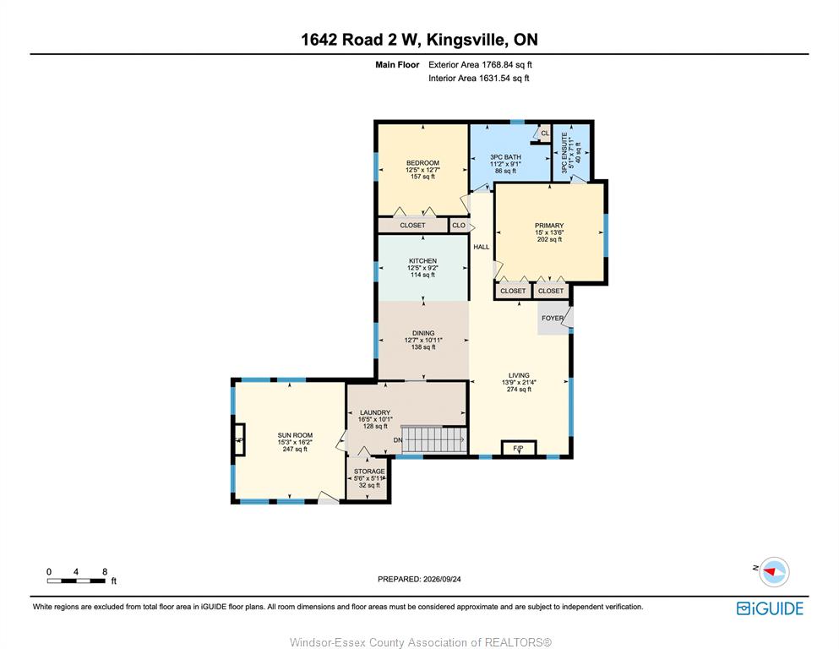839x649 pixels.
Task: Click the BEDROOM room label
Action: click(422, 162)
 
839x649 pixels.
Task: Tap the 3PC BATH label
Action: click(505, 157)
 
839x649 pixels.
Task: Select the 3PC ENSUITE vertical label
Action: click(564, 153)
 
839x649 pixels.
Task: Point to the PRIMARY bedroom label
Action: click(549, 226)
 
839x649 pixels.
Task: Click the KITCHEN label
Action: click(422, 260)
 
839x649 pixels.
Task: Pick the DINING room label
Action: click(423, 333)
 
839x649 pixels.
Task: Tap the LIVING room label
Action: click(519, 375)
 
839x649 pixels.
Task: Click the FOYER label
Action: click(553, 318)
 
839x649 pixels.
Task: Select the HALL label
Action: click(482, 247)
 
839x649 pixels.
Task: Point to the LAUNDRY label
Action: click(375, 412)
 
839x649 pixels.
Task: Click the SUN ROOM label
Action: click(295, 435)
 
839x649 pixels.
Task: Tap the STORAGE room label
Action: click(369, 472)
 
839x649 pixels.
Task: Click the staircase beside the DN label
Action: click(434, 439)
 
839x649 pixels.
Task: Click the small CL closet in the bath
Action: click(544, 134)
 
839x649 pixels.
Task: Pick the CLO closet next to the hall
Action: click(459, 226)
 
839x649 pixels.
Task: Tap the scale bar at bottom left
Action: click(76, 581)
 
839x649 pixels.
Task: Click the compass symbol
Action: click(774, 571)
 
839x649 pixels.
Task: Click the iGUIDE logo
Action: click(770, 608)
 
